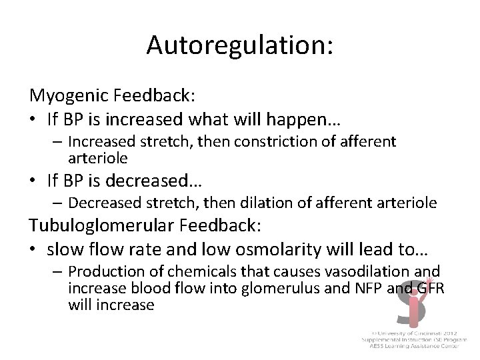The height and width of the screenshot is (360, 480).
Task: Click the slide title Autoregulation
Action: point(240,45)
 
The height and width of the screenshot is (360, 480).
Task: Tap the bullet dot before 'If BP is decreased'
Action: point(33,181)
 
